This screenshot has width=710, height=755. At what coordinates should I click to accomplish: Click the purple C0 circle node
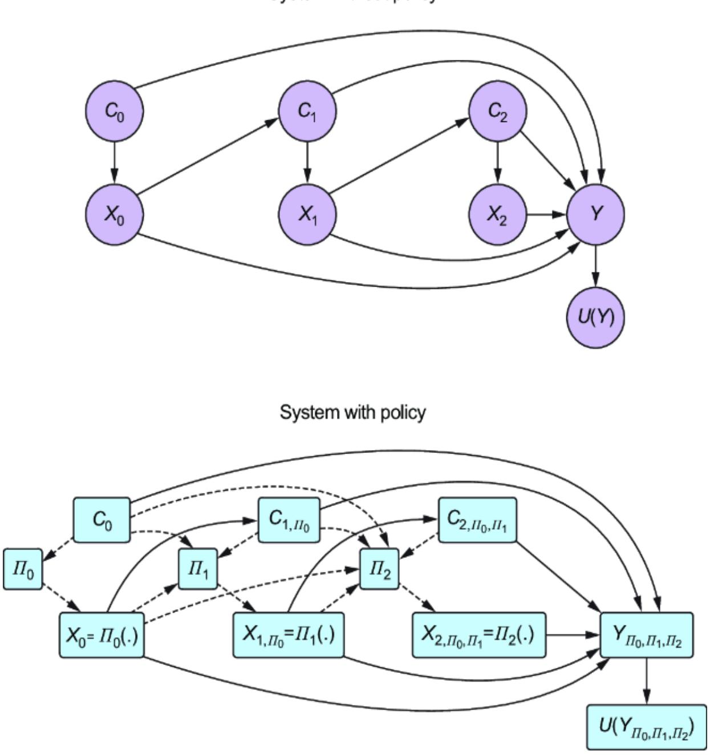[x=114, y=111]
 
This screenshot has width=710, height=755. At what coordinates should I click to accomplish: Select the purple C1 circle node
[x=307, y=111]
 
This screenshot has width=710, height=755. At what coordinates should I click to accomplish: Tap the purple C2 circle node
[x=498, y=111]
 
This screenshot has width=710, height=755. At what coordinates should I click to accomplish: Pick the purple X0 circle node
[x=114, y=215]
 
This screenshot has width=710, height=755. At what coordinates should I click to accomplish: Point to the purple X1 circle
[x=307, y=215]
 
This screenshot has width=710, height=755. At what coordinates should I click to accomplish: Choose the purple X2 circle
[x=498, y=215]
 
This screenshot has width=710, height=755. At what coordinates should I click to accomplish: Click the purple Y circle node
[x=596, y=215]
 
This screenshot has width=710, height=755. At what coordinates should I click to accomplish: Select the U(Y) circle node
[x=596, y=317]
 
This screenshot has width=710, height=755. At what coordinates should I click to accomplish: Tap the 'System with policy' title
[x=352, y=412]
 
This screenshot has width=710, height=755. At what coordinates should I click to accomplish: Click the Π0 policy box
[x=23, y=569]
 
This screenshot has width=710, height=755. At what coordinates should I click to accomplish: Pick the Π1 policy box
[x=198, y=569]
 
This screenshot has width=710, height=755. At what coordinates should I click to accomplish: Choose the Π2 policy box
[x=379, y=569]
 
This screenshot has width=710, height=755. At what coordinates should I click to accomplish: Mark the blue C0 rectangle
[x=102, y=520]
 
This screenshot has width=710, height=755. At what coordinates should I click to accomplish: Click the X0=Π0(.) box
[x=102, y=635]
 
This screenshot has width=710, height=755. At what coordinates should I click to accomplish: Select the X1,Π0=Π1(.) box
[x=288, y=635]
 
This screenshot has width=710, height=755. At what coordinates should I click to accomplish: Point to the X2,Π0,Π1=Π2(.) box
[x=478, y=635]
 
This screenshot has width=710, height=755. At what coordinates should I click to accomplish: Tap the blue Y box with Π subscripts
[x=647, y=635]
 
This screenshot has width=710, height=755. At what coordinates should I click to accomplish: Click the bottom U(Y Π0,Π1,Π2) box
[x=646, y=727]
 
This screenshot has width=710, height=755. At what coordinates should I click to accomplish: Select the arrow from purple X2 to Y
[x=546, y=215]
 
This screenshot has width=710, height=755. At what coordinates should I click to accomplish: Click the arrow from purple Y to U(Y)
[x=596, y=265]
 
